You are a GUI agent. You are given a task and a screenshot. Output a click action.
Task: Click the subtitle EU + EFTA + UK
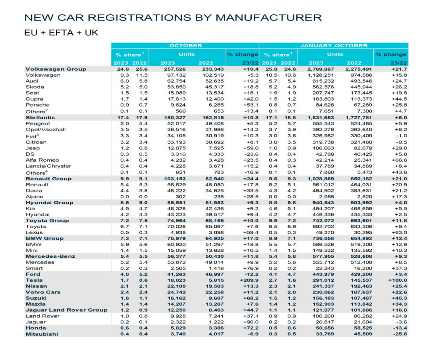point(61,33)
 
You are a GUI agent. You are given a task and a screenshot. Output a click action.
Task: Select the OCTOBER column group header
point(185,45)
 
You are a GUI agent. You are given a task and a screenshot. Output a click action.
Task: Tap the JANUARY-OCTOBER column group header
point(334,45)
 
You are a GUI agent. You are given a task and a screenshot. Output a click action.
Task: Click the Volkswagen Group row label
point(56,69)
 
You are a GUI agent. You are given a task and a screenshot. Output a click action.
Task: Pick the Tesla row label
point(35,280)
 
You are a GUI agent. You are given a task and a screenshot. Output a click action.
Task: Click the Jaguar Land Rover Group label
point(67,310)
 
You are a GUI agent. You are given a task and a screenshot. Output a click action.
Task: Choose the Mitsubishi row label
point(41,334)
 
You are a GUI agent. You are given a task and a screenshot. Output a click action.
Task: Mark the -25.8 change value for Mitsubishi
point(399,334)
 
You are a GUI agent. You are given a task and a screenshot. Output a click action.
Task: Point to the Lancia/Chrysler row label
point(47,166)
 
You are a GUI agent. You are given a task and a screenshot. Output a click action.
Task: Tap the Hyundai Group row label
point(50,203)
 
